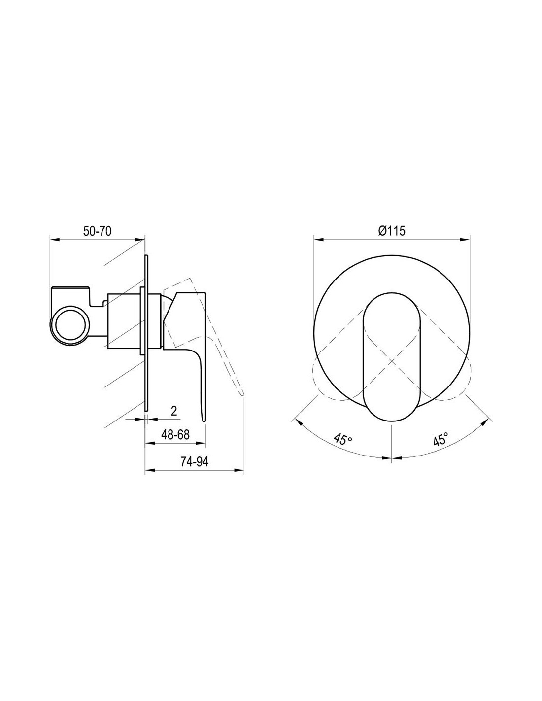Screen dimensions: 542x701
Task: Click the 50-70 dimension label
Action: coord(97,231)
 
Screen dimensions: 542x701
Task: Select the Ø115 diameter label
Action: coord(391,231)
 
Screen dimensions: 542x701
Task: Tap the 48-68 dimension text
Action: coord(175,435)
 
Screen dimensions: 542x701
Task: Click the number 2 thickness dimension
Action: coord(174,411)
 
